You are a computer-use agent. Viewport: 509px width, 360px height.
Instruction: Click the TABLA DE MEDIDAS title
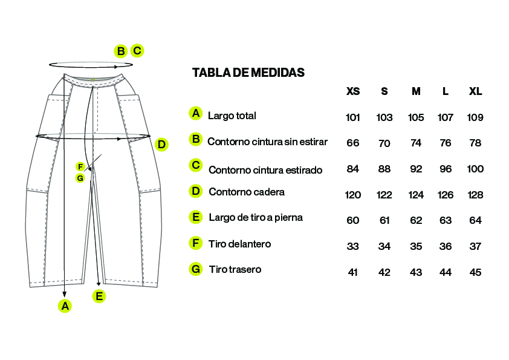(248, 73)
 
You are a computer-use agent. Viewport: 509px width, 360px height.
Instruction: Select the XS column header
(353, 91)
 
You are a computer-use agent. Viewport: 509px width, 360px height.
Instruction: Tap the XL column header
(475, 91)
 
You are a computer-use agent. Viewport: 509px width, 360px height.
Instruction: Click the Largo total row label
(232, 116)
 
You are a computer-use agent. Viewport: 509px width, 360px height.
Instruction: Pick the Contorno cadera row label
(247, 192)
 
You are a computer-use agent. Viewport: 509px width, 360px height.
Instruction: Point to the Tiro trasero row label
(235, 269)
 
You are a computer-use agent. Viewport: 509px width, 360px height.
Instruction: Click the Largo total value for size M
(416, 117)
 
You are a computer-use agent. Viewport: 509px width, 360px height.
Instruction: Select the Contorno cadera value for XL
(475, 195)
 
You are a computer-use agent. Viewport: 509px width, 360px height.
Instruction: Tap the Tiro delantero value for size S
(384, 246)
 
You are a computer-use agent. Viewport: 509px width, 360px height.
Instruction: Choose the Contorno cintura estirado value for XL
(475, 169)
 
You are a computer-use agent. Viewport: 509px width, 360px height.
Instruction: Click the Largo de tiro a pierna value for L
(446, 220)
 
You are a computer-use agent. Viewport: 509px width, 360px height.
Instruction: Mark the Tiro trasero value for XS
(353, 272)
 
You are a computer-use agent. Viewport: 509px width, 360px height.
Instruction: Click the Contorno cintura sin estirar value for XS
(353, 143)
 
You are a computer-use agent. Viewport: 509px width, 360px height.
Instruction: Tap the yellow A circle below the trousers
(65, 306)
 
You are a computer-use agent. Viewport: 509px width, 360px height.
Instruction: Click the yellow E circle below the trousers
(99, 296)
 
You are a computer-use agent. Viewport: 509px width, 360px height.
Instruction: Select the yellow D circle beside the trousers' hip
(161, 144)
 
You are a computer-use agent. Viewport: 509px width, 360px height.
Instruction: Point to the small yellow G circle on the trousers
(80, 178)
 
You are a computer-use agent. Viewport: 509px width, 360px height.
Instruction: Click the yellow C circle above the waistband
(137, 51)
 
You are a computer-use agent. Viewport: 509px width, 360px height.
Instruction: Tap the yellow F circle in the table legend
(196, 243)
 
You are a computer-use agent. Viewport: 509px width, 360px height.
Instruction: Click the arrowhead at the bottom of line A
(65, 295)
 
